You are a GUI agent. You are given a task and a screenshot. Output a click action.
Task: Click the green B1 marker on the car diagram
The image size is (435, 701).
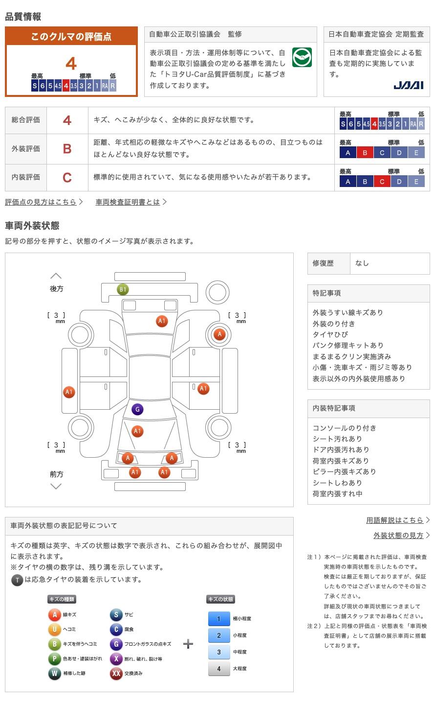[123, 289]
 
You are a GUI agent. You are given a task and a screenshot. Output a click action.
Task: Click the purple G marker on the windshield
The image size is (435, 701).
[137, 409]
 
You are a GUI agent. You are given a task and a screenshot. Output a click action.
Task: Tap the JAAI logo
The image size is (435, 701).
[408, 85]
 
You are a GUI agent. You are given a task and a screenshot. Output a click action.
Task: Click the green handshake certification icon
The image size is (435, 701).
[302, 58]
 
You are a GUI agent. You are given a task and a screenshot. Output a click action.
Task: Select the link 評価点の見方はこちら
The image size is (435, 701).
[41, 202]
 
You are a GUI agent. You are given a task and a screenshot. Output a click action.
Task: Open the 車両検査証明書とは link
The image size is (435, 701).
[128, 202]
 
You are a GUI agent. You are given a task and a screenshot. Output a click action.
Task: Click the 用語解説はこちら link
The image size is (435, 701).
[395, 520]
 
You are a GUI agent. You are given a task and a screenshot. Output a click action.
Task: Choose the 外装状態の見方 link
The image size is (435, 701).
[398, 535]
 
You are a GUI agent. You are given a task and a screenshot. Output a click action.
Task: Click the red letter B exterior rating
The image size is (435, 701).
[67, 149]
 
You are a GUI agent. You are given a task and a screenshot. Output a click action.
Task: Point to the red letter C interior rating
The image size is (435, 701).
[67, 177]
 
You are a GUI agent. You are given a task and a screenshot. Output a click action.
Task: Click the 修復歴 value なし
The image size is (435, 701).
[362, 263]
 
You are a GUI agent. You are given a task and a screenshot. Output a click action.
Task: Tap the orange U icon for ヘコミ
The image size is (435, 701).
[54, 630]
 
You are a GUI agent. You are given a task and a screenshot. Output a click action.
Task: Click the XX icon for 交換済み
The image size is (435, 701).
[116, 674]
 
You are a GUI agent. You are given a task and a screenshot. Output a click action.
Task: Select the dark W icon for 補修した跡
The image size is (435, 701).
[54, 674]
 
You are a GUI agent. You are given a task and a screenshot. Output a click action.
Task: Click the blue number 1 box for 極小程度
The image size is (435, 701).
[218, 619]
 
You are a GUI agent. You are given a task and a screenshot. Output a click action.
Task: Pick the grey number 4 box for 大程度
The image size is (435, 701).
[218, 669]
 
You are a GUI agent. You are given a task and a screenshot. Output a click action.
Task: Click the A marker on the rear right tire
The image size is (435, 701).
[219, 334]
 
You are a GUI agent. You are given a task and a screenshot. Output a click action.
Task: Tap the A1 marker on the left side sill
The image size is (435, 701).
[69, 392]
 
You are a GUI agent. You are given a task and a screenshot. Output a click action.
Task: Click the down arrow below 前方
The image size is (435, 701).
[56, 486]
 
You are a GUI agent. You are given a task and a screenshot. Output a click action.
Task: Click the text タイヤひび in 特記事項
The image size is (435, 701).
[330, 334]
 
